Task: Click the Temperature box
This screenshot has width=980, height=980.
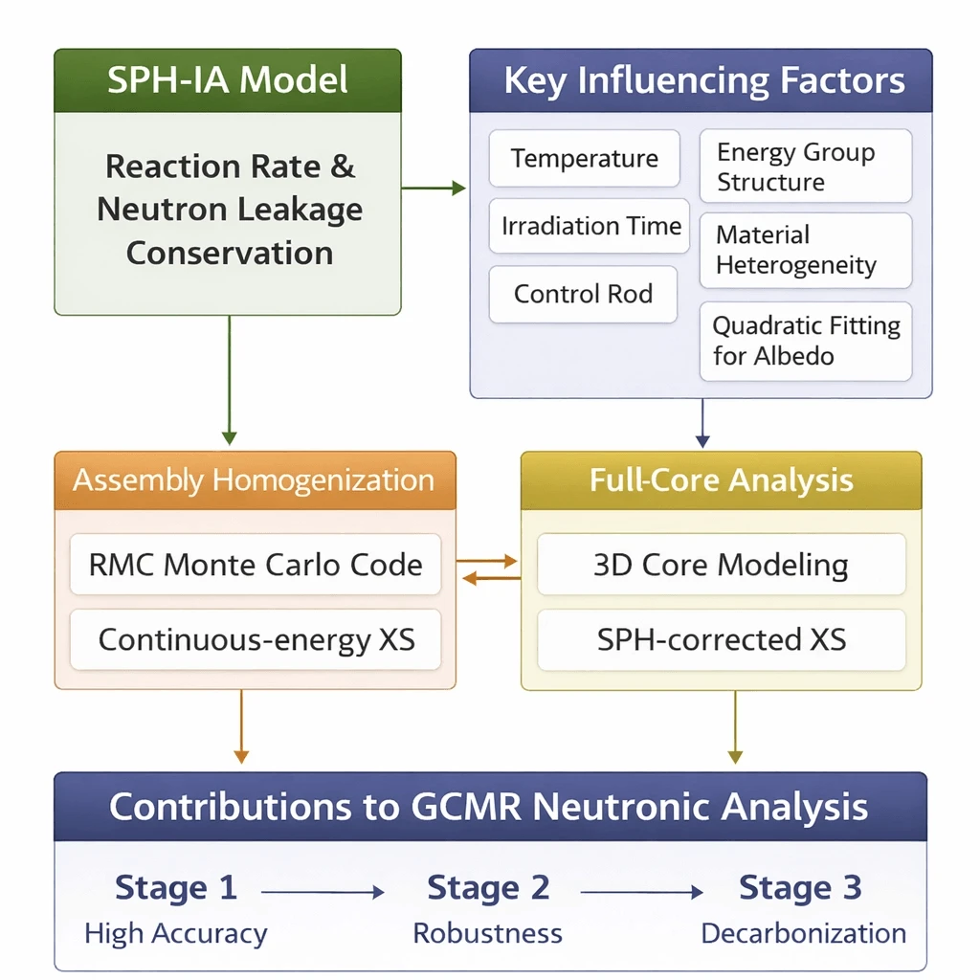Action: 585,158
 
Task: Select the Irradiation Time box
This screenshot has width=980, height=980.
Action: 590,226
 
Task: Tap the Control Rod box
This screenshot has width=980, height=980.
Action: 583,294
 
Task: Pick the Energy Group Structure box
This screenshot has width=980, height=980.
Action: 805,167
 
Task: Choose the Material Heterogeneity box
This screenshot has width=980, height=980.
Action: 805,250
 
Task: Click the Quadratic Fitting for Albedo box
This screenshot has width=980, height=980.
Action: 805,342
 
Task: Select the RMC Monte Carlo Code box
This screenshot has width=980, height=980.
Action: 256,565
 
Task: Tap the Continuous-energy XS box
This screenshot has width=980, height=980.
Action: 256,639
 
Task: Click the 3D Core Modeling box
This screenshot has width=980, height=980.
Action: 722,565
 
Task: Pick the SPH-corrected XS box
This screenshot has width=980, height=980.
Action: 722,639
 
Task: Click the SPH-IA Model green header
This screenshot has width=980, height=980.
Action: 228,80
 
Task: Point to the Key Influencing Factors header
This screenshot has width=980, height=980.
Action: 701,80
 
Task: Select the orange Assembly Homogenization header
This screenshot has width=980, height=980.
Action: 255,479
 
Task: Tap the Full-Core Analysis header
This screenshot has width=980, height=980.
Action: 722,479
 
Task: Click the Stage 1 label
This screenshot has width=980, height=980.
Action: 176,888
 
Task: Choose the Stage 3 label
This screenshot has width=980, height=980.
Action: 800,888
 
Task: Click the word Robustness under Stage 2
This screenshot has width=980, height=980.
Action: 487,933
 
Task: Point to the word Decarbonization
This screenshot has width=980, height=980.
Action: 803,933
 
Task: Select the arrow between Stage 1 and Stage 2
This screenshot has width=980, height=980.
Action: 323,892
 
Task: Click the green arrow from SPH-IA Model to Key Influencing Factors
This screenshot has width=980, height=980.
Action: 434,189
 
